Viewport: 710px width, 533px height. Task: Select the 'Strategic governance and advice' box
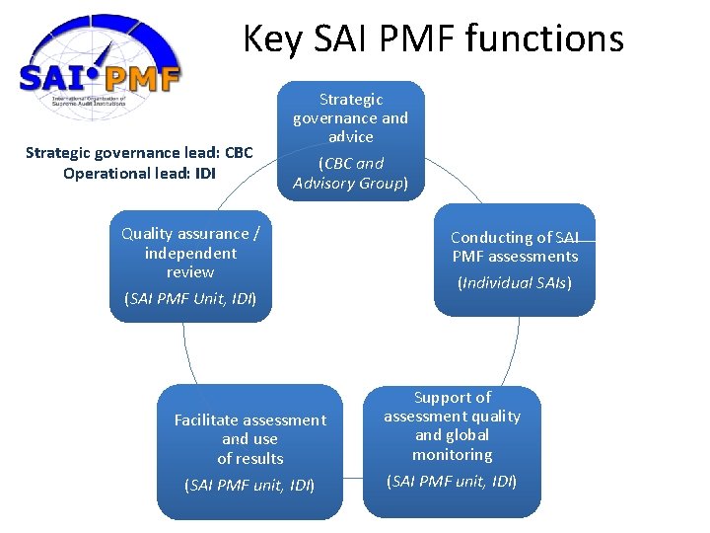coord(351,140)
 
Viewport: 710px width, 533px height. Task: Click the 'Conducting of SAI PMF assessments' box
coord(514,260)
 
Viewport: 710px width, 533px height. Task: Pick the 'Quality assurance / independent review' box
coord(190,266)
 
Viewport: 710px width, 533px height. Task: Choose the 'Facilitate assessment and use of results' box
coord(249,451)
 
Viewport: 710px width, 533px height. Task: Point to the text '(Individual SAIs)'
coord(514,283)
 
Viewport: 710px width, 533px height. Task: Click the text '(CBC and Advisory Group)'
coord(351,173)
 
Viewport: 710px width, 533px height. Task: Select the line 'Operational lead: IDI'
coord(139,174)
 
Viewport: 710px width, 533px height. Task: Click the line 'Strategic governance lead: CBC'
coord(139,153)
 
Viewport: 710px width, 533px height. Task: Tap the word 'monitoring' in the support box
coord(452,455)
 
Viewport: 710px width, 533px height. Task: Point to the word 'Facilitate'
coord(208,420)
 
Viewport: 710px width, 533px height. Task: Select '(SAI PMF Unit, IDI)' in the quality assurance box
coord(190,298)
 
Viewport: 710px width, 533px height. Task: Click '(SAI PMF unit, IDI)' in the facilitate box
coord(249,485)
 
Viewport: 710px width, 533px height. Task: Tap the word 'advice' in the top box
coord(351,137)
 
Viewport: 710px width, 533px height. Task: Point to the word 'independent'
coord(190,253)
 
